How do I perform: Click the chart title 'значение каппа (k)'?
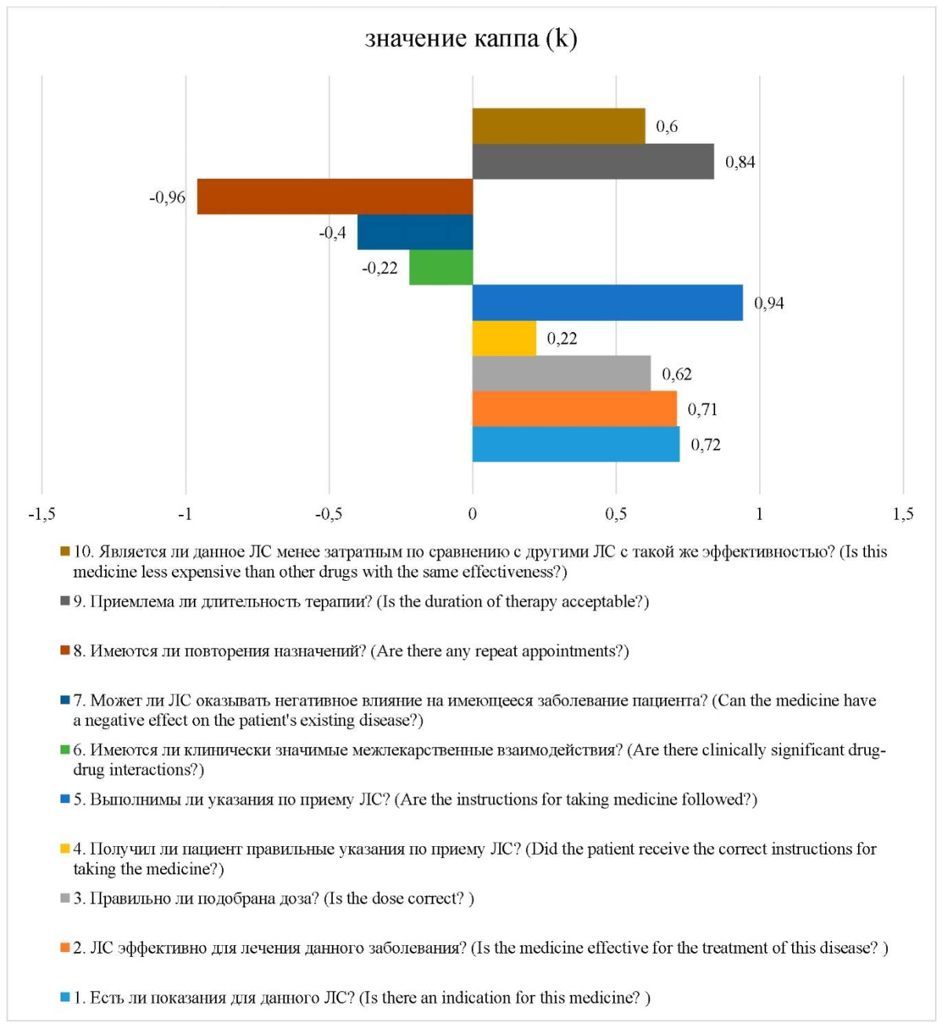(471, 39)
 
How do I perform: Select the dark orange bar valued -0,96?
(334, 196)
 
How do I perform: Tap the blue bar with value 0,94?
(608, 303)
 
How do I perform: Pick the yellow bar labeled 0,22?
(504, 338)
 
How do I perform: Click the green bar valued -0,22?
(440, 267)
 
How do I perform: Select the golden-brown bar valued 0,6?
(559, 126)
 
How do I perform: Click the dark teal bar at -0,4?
(415, 232)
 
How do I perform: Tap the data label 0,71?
(703, 410)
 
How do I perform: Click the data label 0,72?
(706, 445)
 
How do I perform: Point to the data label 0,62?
(677, 374)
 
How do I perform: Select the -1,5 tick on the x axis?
(42, 513)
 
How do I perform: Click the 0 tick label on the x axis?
(472, 513)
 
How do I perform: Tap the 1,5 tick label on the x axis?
(903, 513)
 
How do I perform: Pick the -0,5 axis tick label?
(328, 513)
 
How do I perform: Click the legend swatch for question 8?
(64, 651)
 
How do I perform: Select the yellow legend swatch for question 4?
(64, 848)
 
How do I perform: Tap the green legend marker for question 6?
(64, 750)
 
